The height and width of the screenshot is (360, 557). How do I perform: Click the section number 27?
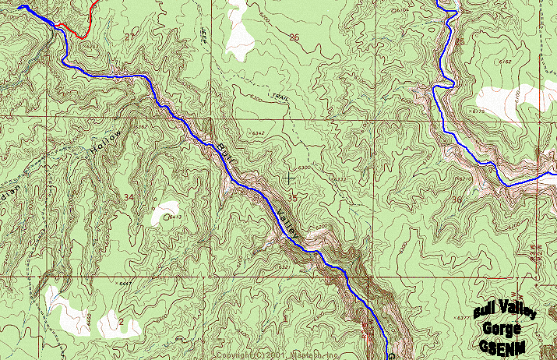(130, 37)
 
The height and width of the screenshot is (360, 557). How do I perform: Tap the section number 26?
(294, 37)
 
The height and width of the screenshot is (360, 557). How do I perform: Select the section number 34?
(128, 198)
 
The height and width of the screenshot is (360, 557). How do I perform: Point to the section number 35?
(292, 199)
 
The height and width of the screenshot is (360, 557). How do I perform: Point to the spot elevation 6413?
(177, 217)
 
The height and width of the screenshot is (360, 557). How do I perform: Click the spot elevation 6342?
(259, 134)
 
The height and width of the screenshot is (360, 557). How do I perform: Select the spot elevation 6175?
(478, 111)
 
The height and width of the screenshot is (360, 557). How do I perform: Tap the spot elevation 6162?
(505, 62)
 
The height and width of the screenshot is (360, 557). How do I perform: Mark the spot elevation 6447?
(125, 285)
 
